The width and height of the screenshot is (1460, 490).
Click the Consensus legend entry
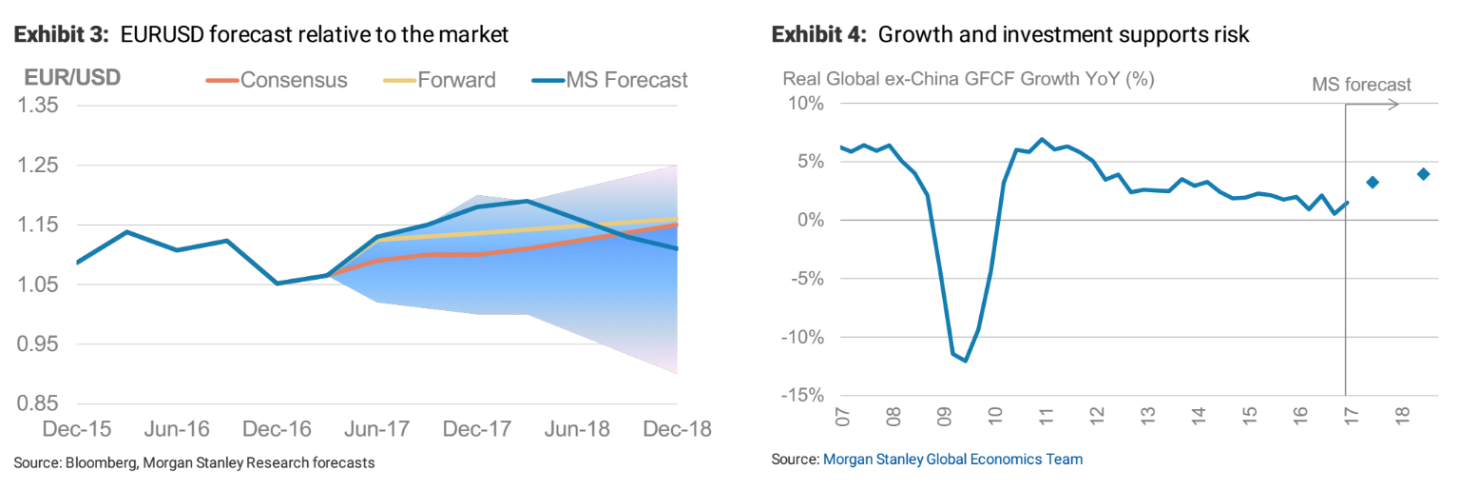coord(293,80)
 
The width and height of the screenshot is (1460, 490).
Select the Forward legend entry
coord(456,80)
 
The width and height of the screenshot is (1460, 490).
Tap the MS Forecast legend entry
coord(625,80)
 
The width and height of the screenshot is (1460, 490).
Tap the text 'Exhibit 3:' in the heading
coord(59,35)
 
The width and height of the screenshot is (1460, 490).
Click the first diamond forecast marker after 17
coord(1372,182)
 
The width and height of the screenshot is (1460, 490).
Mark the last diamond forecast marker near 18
coord(1423,174)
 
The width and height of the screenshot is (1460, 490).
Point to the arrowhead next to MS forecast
coord(1394,104)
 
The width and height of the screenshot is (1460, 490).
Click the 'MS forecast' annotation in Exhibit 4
coord(1361,85)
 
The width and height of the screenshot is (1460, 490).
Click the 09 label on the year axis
coord(944,416)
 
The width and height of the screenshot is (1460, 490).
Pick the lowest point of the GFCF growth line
coord(966,361)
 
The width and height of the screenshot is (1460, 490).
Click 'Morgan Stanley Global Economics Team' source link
coord(952,460)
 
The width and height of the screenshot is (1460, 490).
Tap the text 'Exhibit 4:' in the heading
coord(818,35)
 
